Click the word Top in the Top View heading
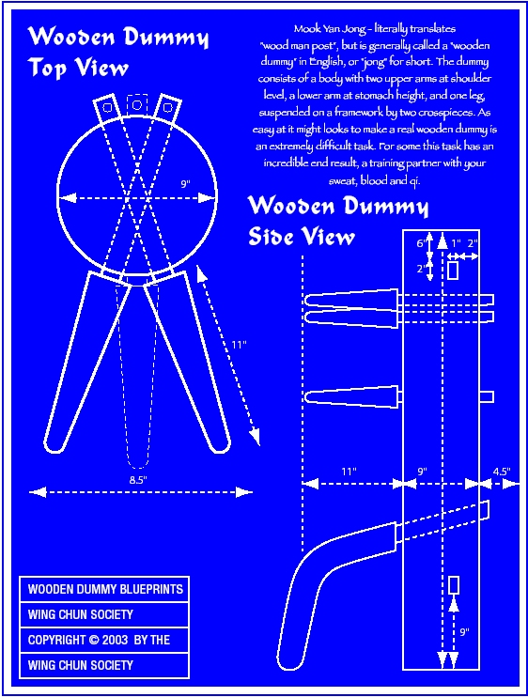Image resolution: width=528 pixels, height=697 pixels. click(x=47, y=68)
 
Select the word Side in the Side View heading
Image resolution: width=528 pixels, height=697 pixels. click(x=273, y=236)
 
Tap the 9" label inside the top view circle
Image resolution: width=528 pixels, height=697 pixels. click(x=185, y=183)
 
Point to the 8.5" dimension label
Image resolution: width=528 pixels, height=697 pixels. click(x=138, y=480)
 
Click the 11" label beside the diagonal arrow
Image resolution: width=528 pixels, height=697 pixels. click(x=239, y=345)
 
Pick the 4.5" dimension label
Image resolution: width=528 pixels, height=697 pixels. click(x=502, y=472)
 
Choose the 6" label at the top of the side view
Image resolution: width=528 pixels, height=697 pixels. click(x=421, y=243)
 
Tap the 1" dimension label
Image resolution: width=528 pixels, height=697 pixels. click(x=456, y=243)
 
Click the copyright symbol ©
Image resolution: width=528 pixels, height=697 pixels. click(x=94, y=640)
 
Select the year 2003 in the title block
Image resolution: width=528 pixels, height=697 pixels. click(x=115, y=640)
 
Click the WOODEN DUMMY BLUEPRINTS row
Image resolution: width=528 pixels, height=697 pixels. click(x=104, y=589)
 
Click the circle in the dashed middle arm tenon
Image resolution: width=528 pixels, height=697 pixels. click(x=137, y=105)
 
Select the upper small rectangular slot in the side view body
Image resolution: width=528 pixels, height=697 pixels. click(x=453, y=271)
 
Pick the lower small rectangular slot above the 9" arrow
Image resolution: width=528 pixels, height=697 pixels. click(x=454, y=585)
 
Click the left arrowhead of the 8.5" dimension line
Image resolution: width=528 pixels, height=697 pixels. click(x=38, y=492)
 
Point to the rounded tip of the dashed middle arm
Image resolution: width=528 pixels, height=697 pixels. click(x=138, y=462)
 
